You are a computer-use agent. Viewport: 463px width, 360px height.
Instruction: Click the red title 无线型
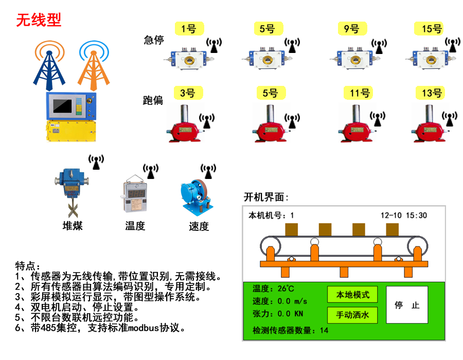(39, 20)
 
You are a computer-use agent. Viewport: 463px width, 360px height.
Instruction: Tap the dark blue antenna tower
(49, 65)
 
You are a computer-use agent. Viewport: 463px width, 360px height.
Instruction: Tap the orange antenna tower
(93, 65)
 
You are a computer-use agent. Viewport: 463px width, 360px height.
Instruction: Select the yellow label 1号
(189, 28)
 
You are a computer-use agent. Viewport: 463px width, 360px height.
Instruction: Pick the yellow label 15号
(432, 28)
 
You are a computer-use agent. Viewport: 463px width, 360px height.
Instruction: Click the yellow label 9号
(352, 28)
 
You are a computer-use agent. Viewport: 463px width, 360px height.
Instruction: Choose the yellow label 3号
(188, 93)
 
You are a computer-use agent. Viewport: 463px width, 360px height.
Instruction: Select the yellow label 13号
(432, 93)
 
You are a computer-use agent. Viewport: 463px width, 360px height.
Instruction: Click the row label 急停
(153, 40)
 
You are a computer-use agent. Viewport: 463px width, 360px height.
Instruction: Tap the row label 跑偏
(153, 100)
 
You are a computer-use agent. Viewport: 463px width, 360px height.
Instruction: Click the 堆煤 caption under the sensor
(72, 226)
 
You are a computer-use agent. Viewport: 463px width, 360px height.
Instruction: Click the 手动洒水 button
(352, 314)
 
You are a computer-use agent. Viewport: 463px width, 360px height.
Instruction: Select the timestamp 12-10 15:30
(403, 215)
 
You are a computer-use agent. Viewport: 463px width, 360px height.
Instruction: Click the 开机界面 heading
(265, 197)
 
